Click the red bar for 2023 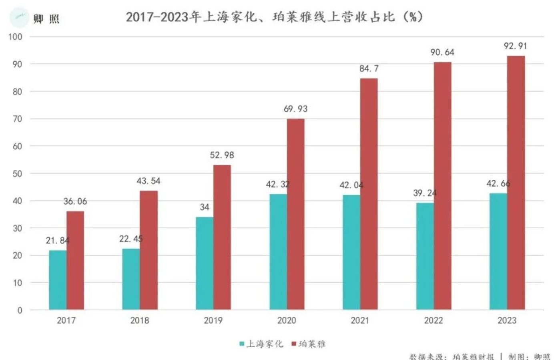coord(516,183)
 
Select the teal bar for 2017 coord(58,280)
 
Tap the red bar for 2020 coord(295,214)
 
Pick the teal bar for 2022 coord(425,256)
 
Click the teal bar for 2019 coord(204,263)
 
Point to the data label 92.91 coord(515,46)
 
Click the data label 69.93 coord(295,109)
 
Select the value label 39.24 coord(425,193)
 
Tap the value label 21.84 coord(57,241)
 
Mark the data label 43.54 coord(148,181)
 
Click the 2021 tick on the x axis coord(360,320)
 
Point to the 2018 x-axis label coord(139,320)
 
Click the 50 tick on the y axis coord(17,173)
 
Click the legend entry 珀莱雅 coord(309,344)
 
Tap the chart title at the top coord(274,17)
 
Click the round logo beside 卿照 coord(19,17)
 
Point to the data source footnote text coord(480,356)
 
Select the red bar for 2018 coord(149,250)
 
